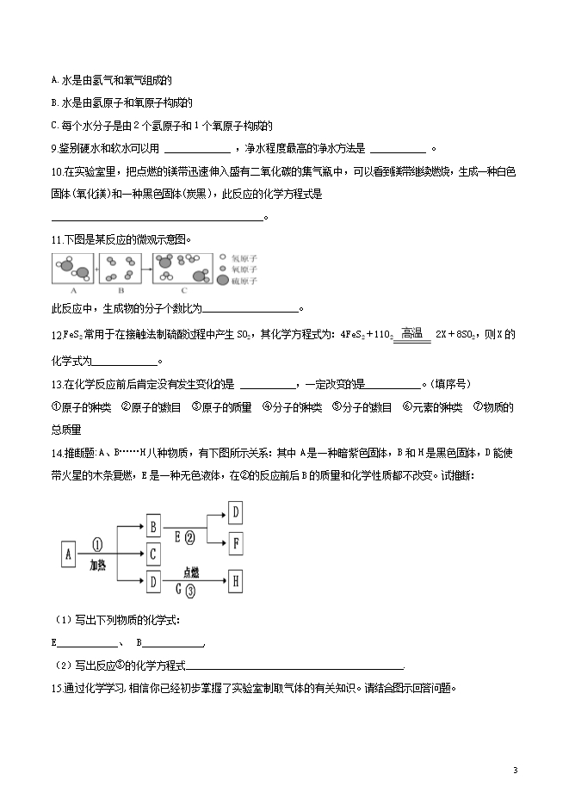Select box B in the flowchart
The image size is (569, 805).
click(x=152, y=524)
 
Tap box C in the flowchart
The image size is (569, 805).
click(x=152, y=553)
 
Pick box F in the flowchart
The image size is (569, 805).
click(x=236, y=542)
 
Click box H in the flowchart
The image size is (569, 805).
click(x=236, y=582)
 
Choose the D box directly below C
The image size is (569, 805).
click(x=152, y=582)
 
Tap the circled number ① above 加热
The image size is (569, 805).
click(x=96, y=544)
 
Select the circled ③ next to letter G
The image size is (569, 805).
click(x=190, y=591)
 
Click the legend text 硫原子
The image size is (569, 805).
click(x=245, y=281)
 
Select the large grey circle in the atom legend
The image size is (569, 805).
click(x=224, y=281)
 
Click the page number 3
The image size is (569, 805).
click(x=515, y=770)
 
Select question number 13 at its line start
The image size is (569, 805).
click(x=58, y=384)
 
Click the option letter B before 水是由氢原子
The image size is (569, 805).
click(x=54, y=102)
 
